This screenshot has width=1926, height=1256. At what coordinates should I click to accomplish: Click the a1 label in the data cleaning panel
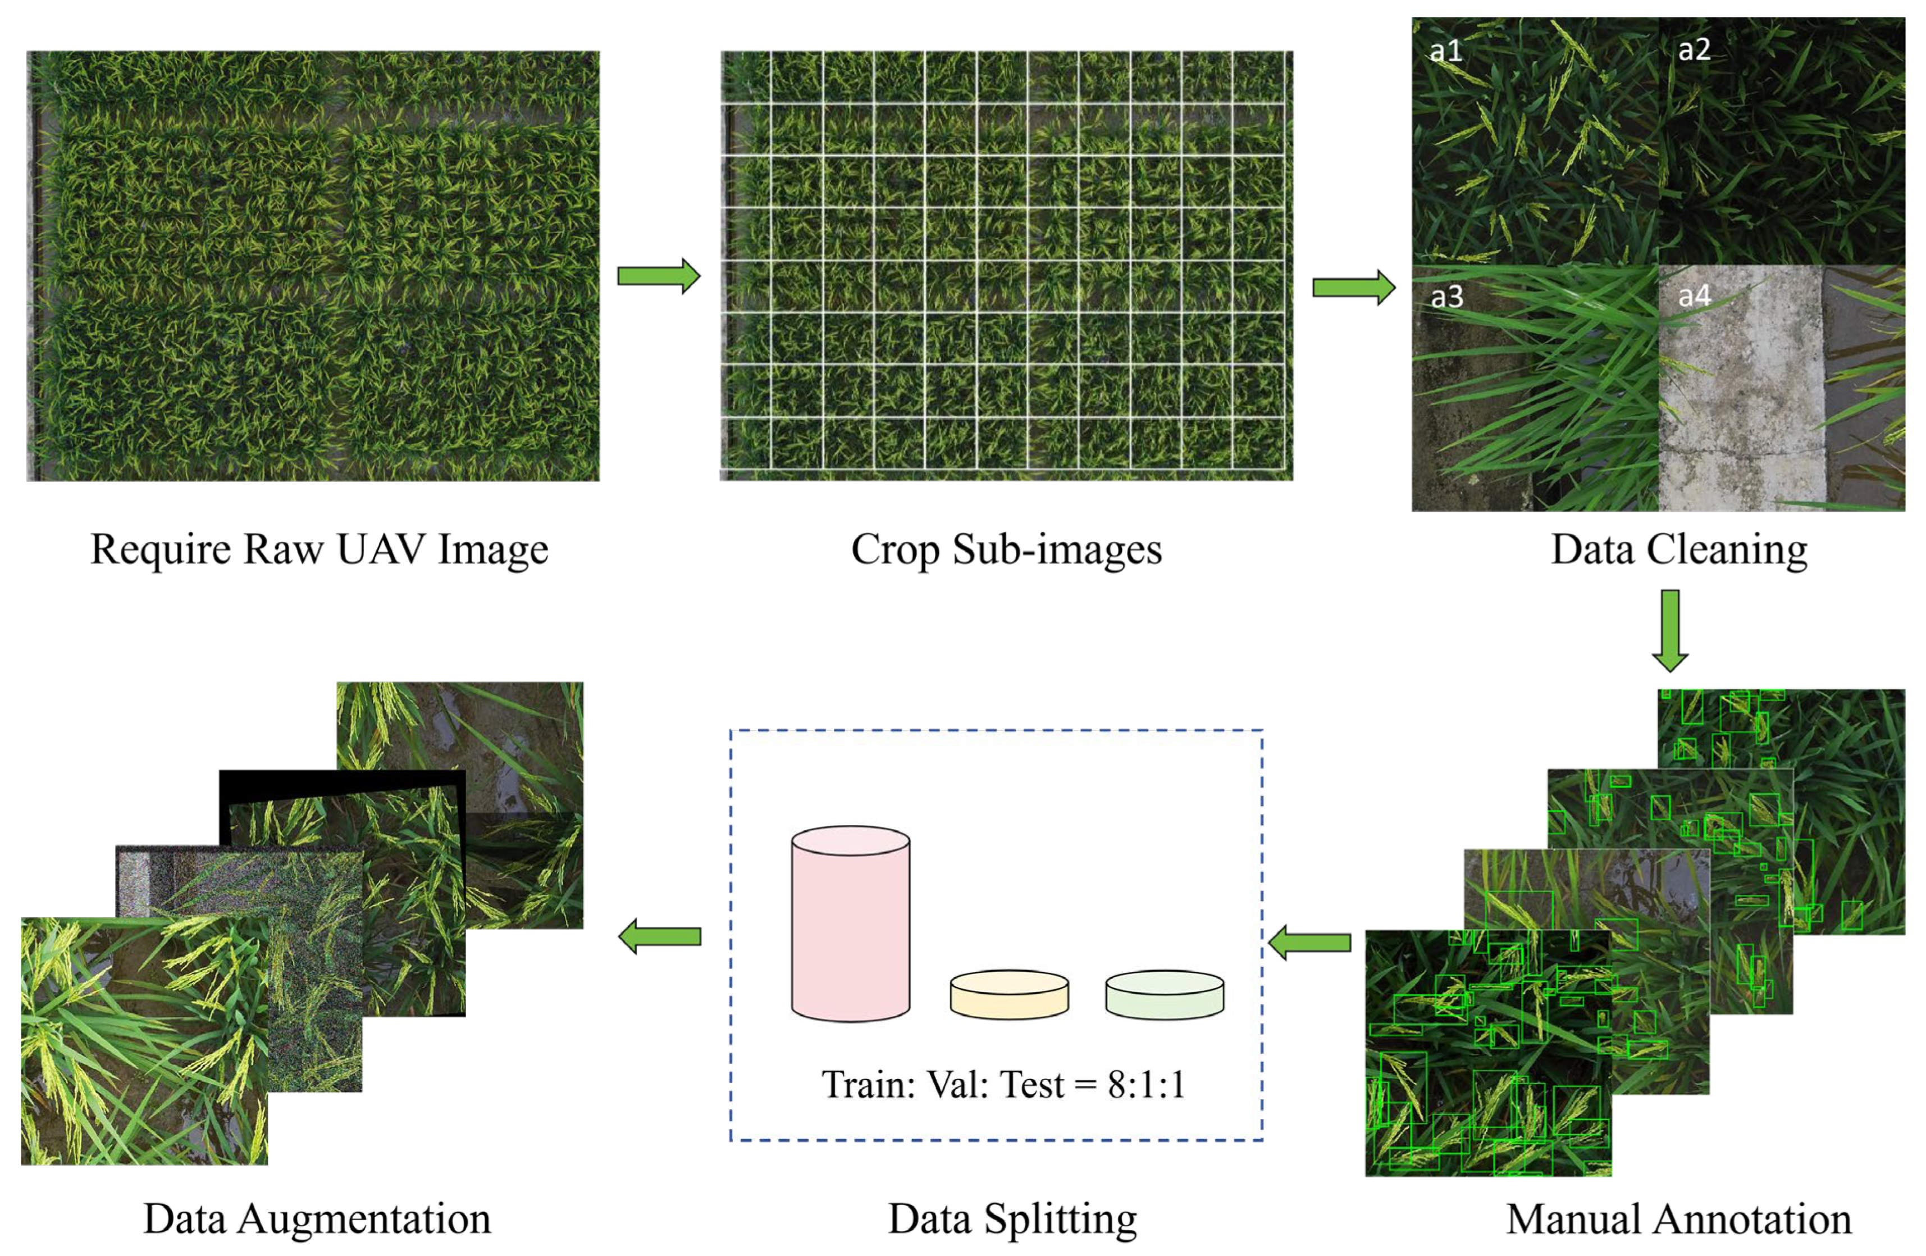tap(1445, 52)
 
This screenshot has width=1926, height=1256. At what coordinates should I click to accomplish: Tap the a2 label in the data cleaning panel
tap(1694, 50)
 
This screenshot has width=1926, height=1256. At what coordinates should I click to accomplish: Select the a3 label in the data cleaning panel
tap(1447, 297)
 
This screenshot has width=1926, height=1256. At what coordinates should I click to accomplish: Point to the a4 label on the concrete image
tap(1694, 295)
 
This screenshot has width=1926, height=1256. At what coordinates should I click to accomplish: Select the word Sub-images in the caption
tap(1057, 550)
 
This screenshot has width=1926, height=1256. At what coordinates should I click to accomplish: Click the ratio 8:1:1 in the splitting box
tap(1146, 1085)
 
